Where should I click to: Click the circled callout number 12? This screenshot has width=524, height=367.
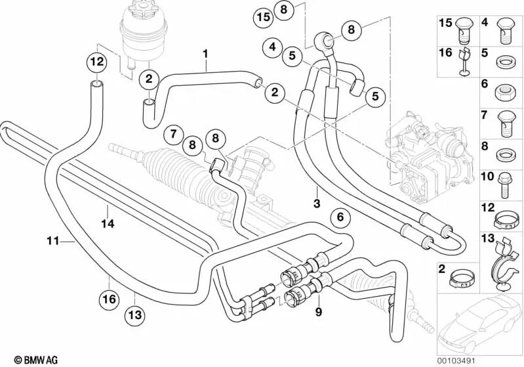click(96, 62)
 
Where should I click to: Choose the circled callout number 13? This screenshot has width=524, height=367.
click(134, 314)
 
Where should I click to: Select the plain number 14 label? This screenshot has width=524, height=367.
click(108, 224)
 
